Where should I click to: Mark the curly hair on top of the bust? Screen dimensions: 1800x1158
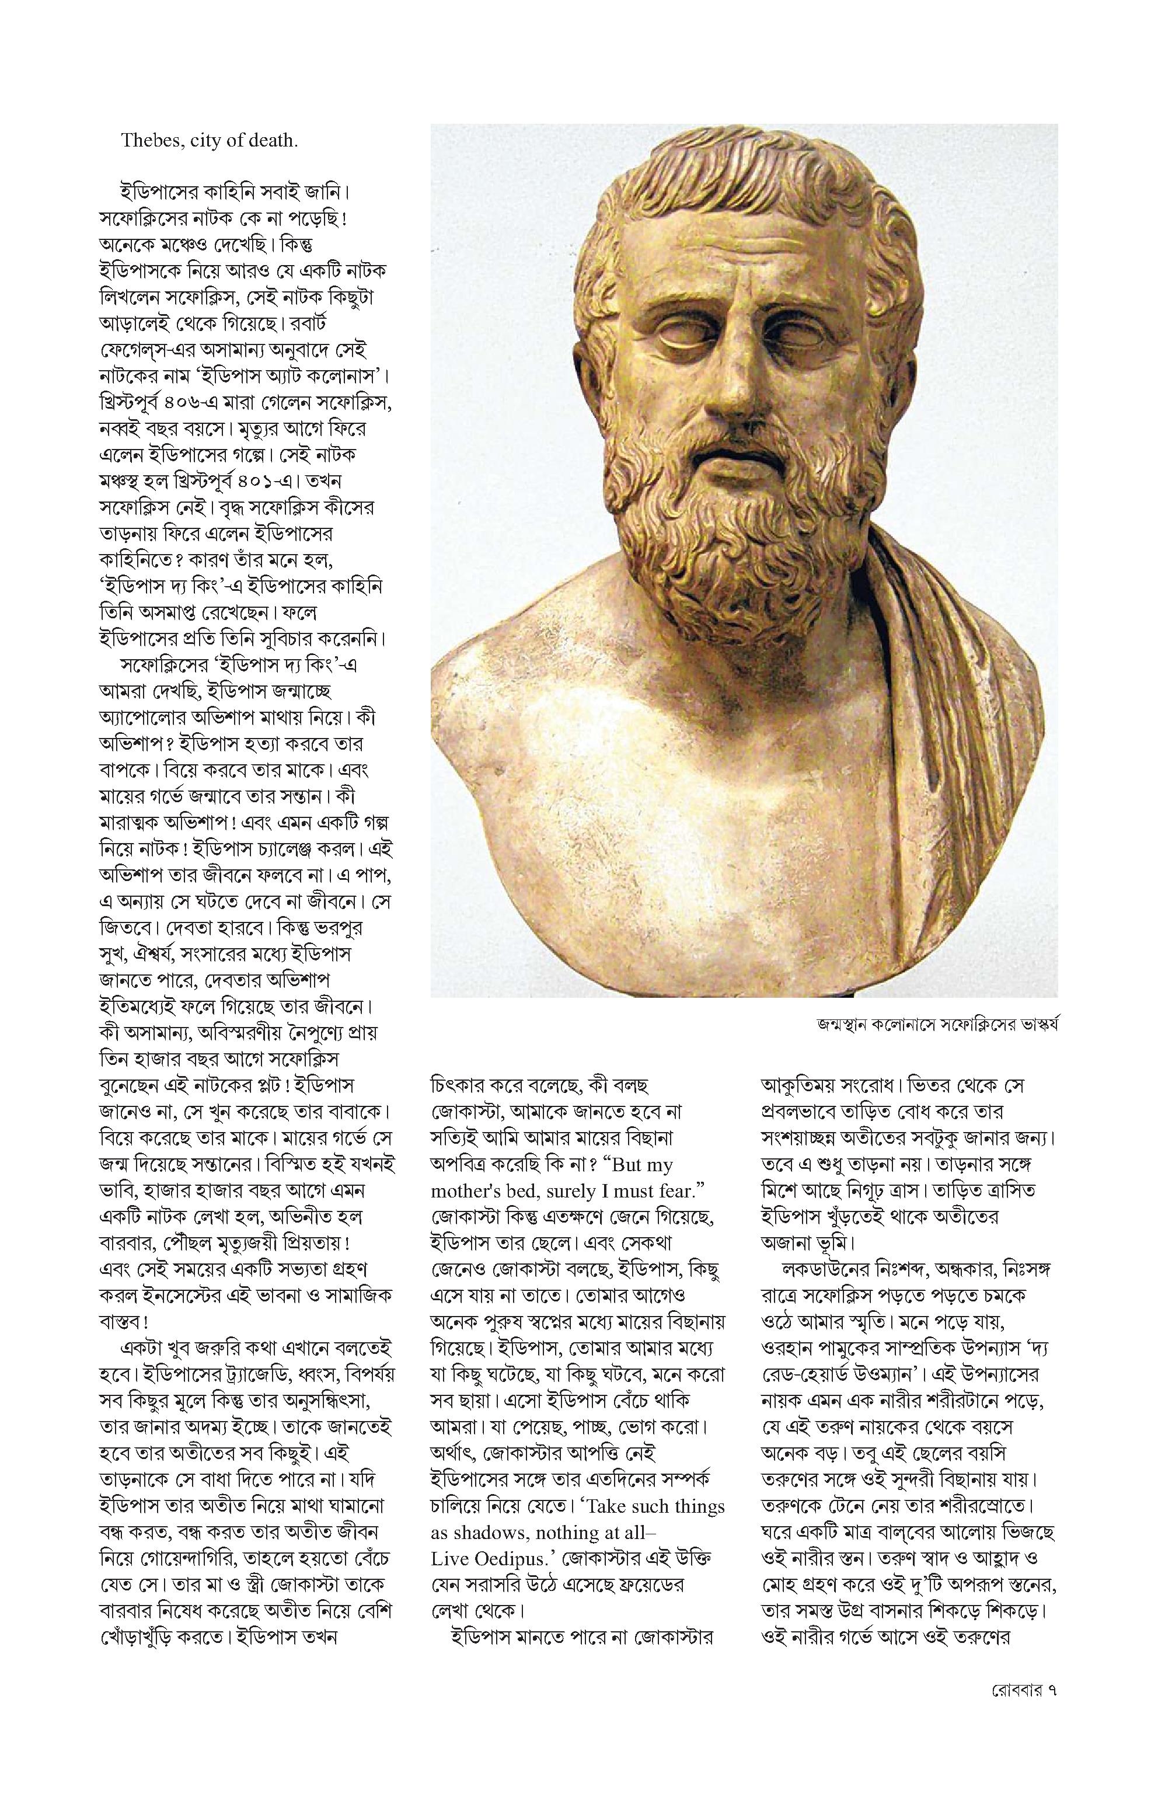tap(744, 196)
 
